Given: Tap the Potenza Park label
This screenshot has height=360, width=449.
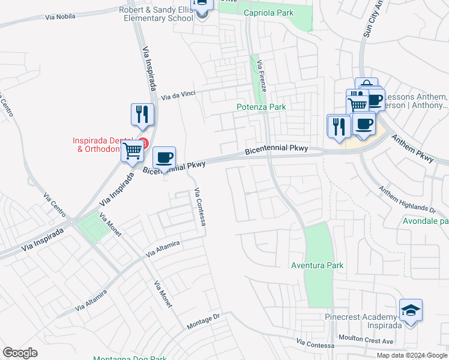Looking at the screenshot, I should pyautogui.click(x=260, y=107).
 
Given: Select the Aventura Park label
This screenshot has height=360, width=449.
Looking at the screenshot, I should pyautogui.click(x=317, y=265).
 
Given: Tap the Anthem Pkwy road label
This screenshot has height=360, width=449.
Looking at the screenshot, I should pyautogui.click(x=412, y=149).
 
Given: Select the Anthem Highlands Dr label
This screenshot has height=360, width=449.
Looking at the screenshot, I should pyautogui.click(x=406, y=199).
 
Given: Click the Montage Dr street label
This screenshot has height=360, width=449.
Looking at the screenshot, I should pyautogui.click(x=203, y=323).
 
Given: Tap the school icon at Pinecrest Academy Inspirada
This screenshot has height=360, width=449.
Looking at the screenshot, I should pyautogui.click(x=411, y=311).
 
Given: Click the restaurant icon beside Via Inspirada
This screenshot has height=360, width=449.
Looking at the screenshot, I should pyautogui.click(x=142, y=113).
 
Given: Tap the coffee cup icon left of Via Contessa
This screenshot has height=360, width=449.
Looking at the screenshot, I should pyautogui.click(x=164, y=158).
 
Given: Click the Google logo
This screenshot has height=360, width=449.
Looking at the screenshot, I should pyautogui.click(x=20, y=353).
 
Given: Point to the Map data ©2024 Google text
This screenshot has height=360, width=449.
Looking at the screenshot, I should pyautogui.click(x=411, y=355).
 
